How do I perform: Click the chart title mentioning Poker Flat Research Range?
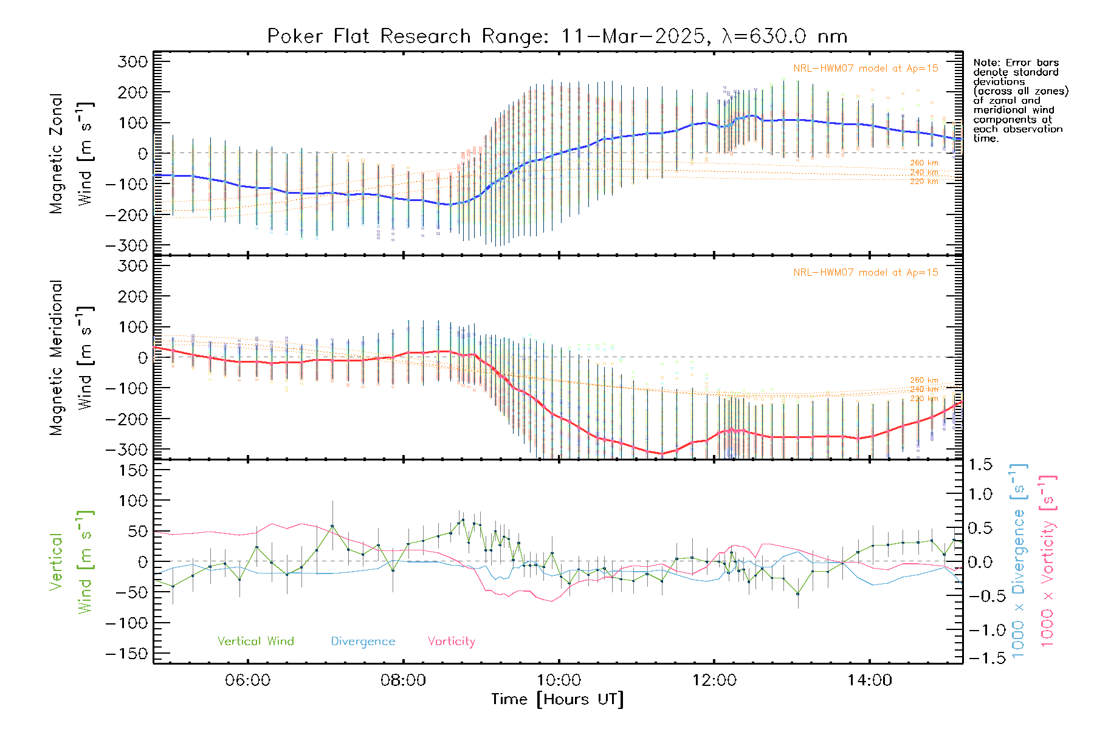(557, 36)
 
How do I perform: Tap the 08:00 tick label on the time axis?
(403, 680)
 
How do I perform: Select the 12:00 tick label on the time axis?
(714, 680)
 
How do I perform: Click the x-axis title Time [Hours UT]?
(557, 700)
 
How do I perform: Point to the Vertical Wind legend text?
(255, 642)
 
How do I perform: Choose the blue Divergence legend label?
(363, 642)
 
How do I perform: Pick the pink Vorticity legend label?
(451, 642)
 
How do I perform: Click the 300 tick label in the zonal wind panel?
(132, 62)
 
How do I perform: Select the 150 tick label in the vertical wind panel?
(132, 470)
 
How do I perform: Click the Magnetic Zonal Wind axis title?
(72, 153)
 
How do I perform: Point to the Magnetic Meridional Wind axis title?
(72, 357)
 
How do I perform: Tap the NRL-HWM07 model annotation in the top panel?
(865, 69)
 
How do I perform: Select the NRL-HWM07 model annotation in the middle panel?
(865, 273)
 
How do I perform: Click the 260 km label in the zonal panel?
(924, 163)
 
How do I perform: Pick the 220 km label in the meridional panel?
(924, 399)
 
